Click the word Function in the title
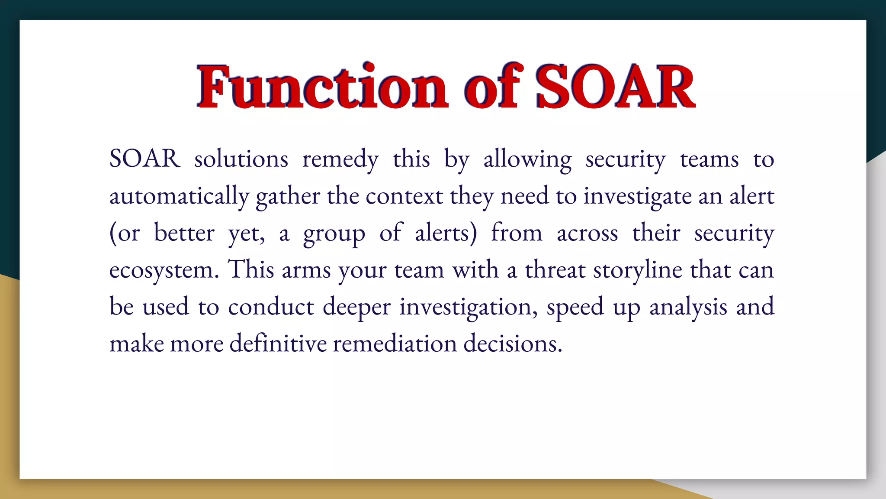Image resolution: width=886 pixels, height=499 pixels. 322,87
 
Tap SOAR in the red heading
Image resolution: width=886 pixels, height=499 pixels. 615,87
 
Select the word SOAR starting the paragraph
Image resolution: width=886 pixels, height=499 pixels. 144,159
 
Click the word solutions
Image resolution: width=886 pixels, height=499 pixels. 241,159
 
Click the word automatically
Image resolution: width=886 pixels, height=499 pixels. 179,197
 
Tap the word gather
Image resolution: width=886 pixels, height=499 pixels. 288,197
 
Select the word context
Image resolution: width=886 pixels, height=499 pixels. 404,197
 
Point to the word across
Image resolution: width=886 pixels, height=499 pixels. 587,234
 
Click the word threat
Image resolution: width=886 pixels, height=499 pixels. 555,270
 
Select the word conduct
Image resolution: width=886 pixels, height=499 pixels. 271,307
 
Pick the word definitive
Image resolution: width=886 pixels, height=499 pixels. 278,344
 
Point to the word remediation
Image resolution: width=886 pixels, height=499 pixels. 395,344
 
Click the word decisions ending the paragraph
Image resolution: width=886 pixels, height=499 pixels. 513,344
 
